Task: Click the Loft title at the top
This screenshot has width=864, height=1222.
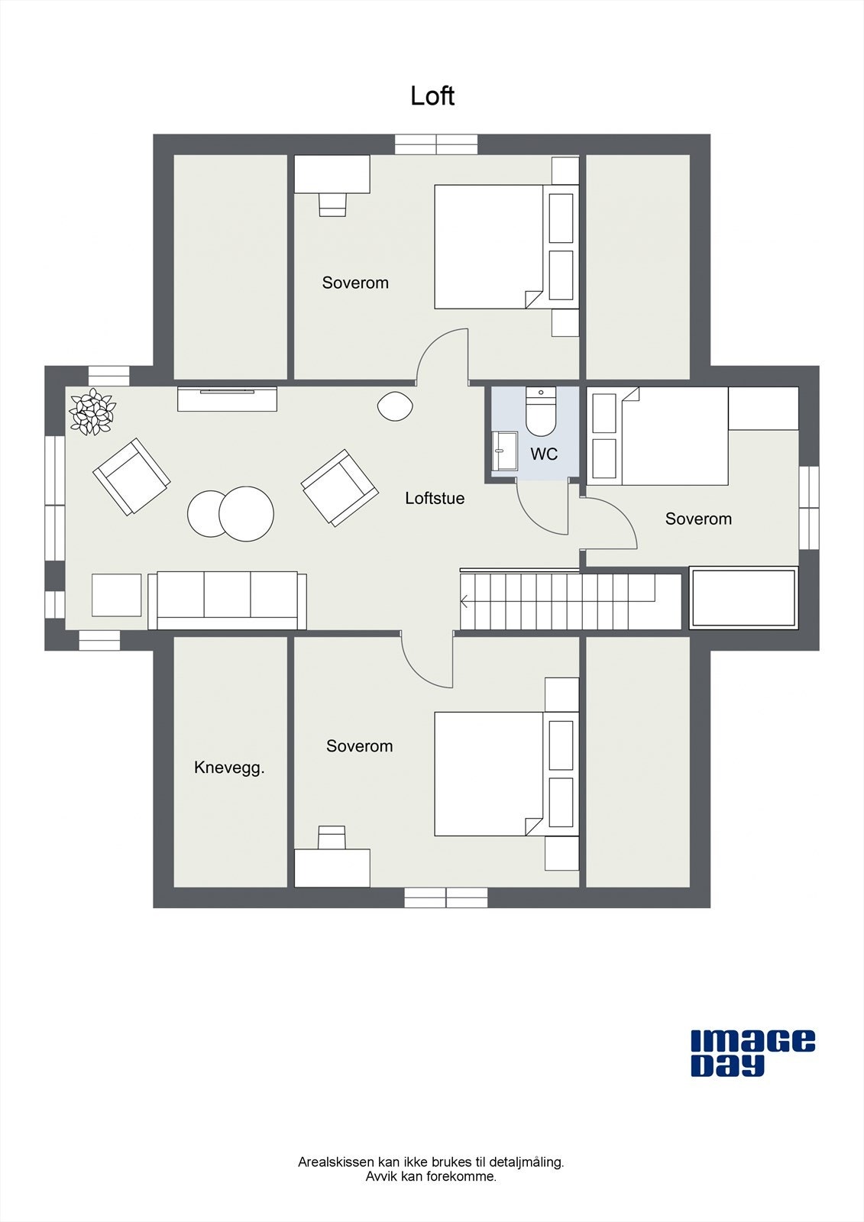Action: (x=432, y=96)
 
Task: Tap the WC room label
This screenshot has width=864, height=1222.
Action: (x=544, y=454)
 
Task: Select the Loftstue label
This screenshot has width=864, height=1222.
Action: (x=435, y=498)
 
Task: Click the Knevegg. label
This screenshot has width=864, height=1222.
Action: (x=229, y=768)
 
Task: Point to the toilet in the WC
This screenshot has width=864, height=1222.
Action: (x=540, y=412)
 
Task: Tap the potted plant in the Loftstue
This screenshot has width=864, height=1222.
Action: (x=92, y=412)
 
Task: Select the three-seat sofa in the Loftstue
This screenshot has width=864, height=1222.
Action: (x=228, y=600)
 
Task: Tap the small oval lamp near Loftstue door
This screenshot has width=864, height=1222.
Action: (x=395, y=406)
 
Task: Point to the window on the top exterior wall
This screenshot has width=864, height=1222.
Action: (x=436, y=144)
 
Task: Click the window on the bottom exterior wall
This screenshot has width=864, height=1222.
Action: (x=445, y=897)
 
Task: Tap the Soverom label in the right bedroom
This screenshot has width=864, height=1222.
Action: (x=698, y=519)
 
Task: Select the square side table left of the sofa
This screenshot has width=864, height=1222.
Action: (x=117, y=595)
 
